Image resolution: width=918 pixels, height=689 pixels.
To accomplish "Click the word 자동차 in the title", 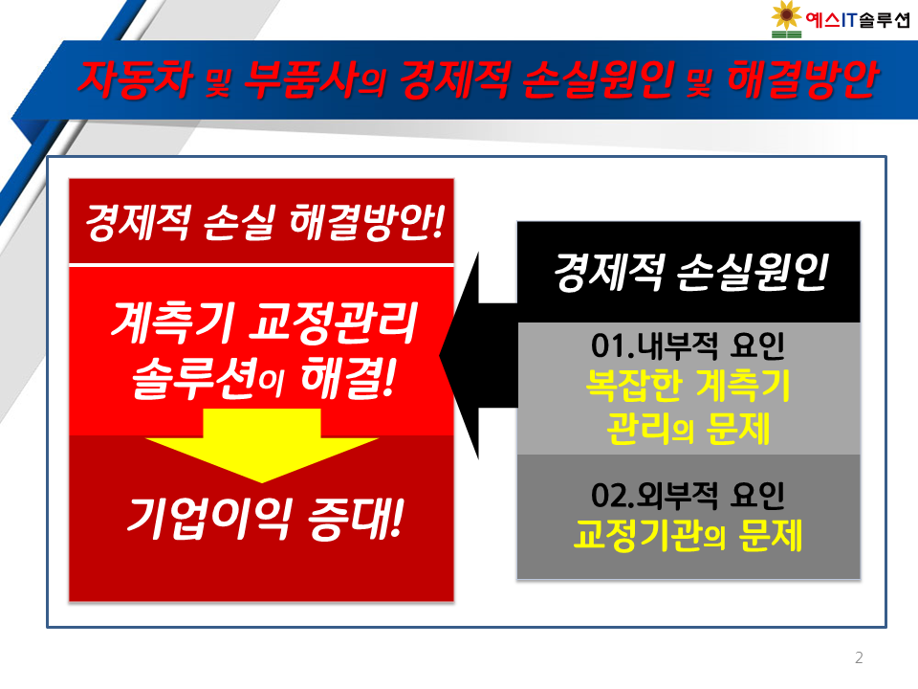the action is [136, 79].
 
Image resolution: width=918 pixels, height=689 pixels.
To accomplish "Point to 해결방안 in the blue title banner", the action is [802, 79].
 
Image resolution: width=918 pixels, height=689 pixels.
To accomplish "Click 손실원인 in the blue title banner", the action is [598, 79].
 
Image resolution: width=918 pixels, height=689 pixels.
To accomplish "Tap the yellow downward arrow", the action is [262, 445].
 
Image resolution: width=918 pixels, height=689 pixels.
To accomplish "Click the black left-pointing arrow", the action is [478, 355].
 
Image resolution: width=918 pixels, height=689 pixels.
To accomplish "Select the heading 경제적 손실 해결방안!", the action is [265, 223].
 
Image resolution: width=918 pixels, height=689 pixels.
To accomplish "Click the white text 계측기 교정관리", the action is [264, 322].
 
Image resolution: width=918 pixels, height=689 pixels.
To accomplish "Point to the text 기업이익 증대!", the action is [265, 519].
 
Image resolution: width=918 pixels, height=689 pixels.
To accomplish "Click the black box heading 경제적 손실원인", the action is [690, 272].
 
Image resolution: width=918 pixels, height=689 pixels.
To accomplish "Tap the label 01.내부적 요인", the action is [688, 345].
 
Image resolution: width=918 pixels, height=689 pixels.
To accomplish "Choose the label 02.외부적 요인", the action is [688, 496].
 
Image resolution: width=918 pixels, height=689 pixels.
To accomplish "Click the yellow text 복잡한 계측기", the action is [688, 386].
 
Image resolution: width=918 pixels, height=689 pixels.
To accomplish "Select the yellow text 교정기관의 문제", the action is [688, 535].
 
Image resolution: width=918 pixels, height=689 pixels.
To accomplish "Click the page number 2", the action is [859, 658].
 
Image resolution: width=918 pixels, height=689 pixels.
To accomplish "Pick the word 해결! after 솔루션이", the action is [349, 379].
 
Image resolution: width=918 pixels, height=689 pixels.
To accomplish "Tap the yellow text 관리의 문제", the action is [688, 429].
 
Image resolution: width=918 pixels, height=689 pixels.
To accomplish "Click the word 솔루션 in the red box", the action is [195, 379].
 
